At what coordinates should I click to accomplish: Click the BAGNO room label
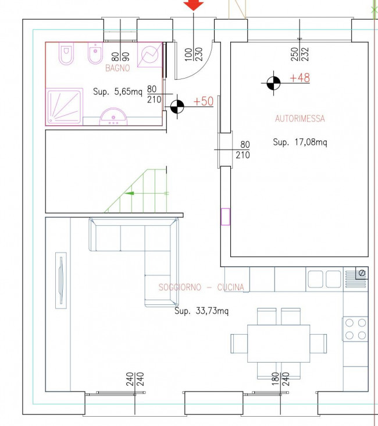point(117,68)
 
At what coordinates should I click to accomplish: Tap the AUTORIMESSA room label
point(300,119)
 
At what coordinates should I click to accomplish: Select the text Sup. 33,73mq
point(201,311)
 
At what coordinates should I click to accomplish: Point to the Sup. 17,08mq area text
point(300,142)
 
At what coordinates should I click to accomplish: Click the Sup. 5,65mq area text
point(117,91)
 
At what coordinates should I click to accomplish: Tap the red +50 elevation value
point(204,101)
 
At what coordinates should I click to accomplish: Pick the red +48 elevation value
point(300,78)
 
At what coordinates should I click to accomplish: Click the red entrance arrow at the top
point(193,5)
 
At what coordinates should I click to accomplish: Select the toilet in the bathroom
point(66,54)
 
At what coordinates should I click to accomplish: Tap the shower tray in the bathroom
point(65,106)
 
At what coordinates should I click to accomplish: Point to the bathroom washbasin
point(113,117)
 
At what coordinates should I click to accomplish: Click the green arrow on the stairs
point(129,193)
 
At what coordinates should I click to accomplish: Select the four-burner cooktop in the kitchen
point(355,329)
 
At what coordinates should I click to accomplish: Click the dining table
point(279,343)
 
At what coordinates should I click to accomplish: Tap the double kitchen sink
point(324,279)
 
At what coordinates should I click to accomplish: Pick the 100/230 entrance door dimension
point(193,54)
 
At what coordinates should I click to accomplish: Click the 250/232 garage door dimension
point(299,54)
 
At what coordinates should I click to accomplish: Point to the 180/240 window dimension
point(280,379)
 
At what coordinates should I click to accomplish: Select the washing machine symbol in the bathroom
point(150,55)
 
